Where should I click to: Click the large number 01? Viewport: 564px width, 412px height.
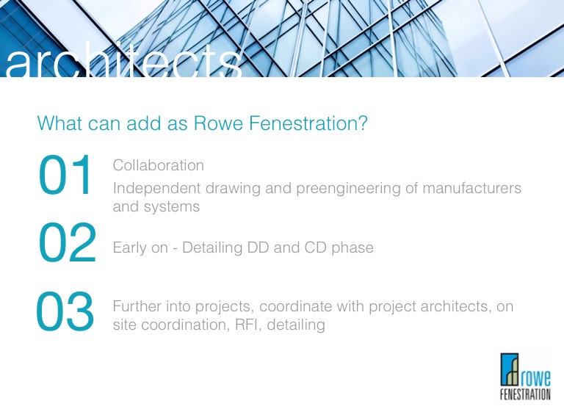pyautogui.click(x=65, y=175)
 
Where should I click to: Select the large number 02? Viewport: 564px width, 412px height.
pyautogui.click(x=68, y=242)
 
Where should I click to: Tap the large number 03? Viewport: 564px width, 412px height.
pyautogui.click(x=65, y=311)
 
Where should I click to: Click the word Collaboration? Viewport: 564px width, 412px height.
pyautogui.click(x=159, y=165)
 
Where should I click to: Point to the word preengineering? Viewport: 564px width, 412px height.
pyautogui.click(x=348, y=189)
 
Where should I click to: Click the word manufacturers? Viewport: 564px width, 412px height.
pyautogui.click(x=472, y=188)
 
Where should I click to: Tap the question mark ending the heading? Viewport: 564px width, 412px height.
pyautogui.click(x=363, y=123)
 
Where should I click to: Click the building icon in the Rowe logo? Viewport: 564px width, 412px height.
pyautogui.click(x=510, y=369)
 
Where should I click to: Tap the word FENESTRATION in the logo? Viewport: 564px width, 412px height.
pyautogui.click(x=525, y=394)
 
